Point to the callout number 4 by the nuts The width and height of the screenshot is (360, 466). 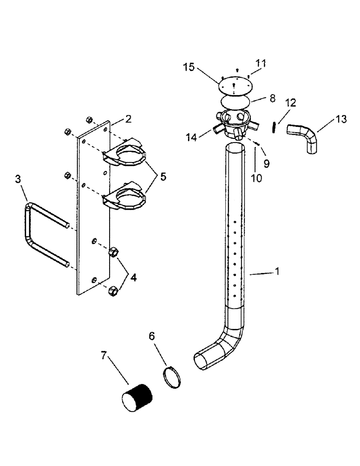point(133,277)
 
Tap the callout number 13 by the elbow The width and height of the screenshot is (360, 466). point(341,119)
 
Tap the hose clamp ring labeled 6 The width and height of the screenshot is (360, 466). point(173,377)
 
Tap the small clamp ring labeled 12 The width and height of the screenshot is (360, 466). point(275,127)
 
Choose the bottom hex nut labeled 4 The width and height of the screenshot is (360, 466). point(112,291)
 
